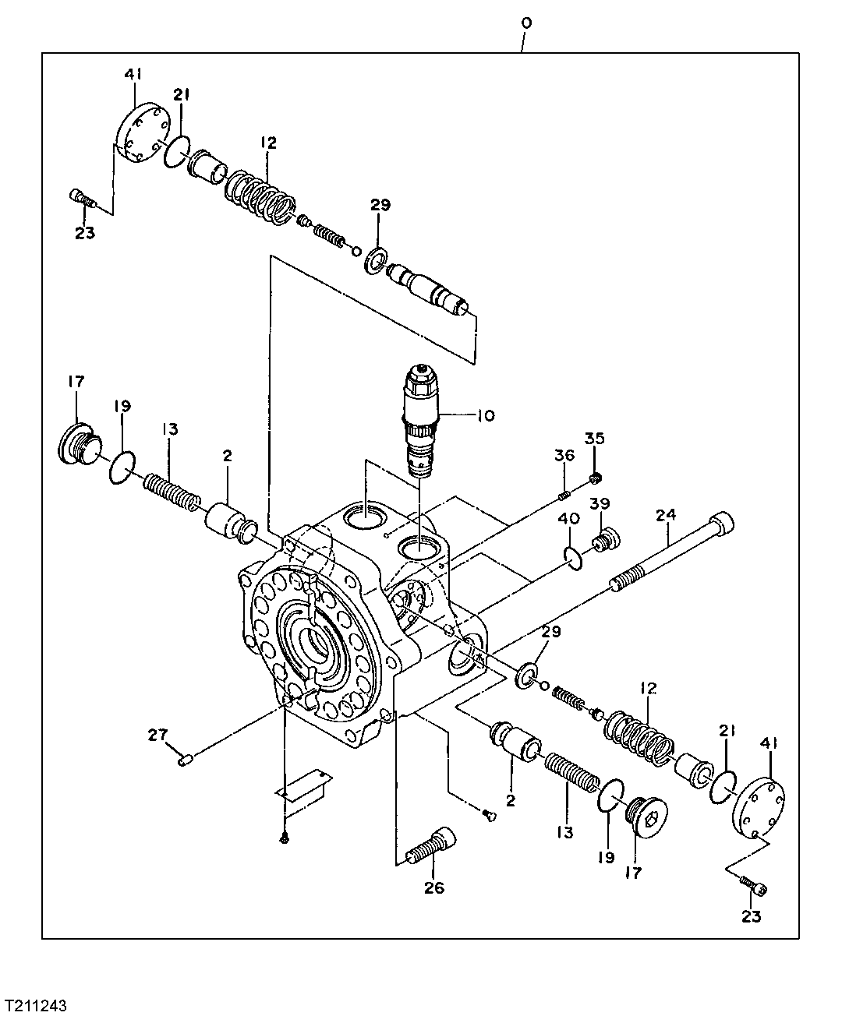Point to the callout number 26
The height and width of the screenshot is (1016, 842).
tap(434, 887)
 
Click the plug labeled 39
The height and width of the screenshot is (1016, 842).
tap(605, 538)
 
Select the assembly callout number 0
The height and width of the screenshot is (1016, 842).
tap(526, 23)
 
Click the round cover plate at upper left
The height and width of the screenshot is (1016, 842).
tap(140, 132)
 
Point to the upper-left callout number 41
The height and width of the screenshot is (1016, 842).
tap(133, 75)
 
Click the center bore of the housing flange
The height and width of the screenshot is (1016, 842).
tap(321, 643)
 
